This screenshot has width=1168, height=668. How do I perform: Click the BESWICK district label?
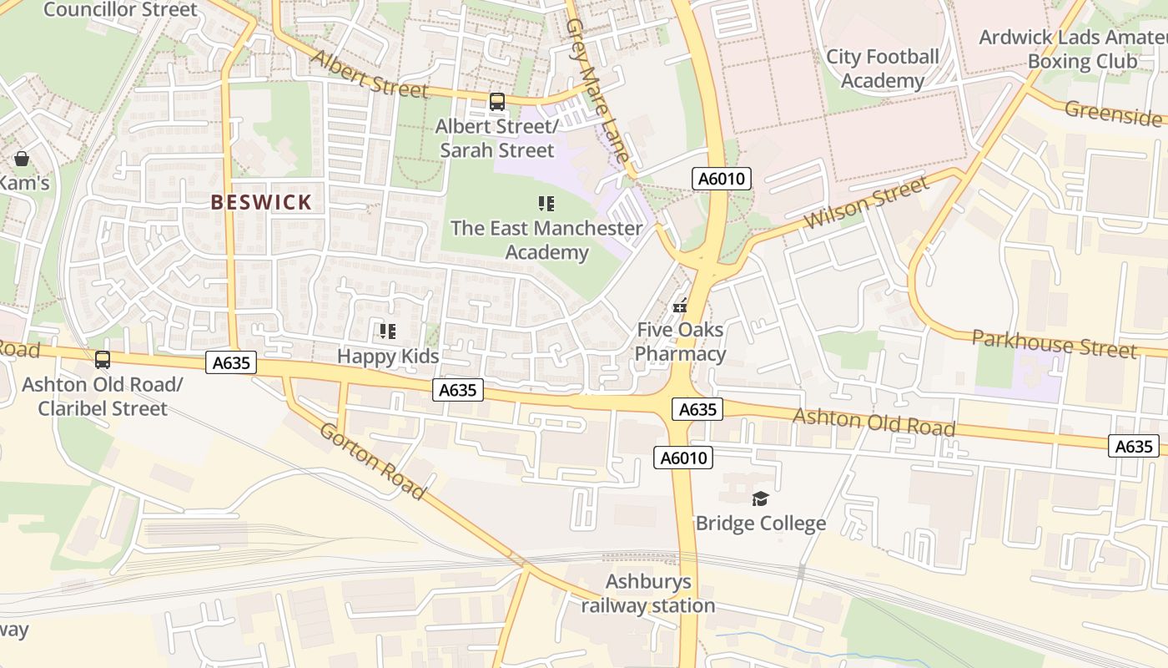coord(261,202)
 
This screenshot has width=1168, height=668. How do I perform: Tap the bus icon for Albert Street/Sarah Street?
coord(497,102)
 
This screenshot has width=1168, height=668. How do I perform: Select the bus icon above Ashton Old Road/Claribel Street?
coord(103,360)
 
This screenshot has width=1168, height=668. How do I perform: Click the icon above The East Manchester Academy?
coord(546,203)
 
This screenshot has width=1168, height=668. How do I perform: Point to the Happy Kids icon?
coord(388,331)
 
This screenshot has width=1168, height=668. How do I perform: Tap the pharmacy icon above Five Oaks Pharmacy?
coord(680,305)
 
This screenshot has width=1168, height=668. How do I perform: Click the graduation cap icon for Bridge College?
coord(760,498)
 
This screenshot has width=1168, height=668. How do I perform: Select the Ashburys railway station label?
coord(648,594)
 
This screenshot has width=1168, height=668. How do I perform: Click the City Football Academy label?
coord(882,68)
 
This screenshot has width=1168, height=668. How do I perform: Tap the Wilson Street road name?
coord(867,203)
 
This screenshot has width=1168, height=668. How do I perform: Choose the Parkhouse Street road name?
coord(1054,343)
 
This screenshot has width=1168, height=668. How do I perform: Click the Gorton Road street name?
coord(372,461)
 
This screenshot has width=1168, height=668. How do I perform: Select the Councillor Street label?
coord(121,10)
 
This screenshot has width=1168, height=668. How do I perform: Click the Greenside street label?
coord(1113,114)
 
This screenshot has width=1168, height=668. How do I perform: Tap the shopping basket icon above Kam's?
coord(21,159)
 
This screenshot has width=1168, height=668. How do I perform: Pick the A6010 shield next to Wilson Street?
coord(722,178)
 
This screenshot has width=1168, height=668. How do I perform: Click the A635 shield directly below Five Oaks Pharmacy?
coord(697,409)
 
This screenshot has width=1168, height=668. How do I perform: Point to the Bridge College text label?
coord(760,523)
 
